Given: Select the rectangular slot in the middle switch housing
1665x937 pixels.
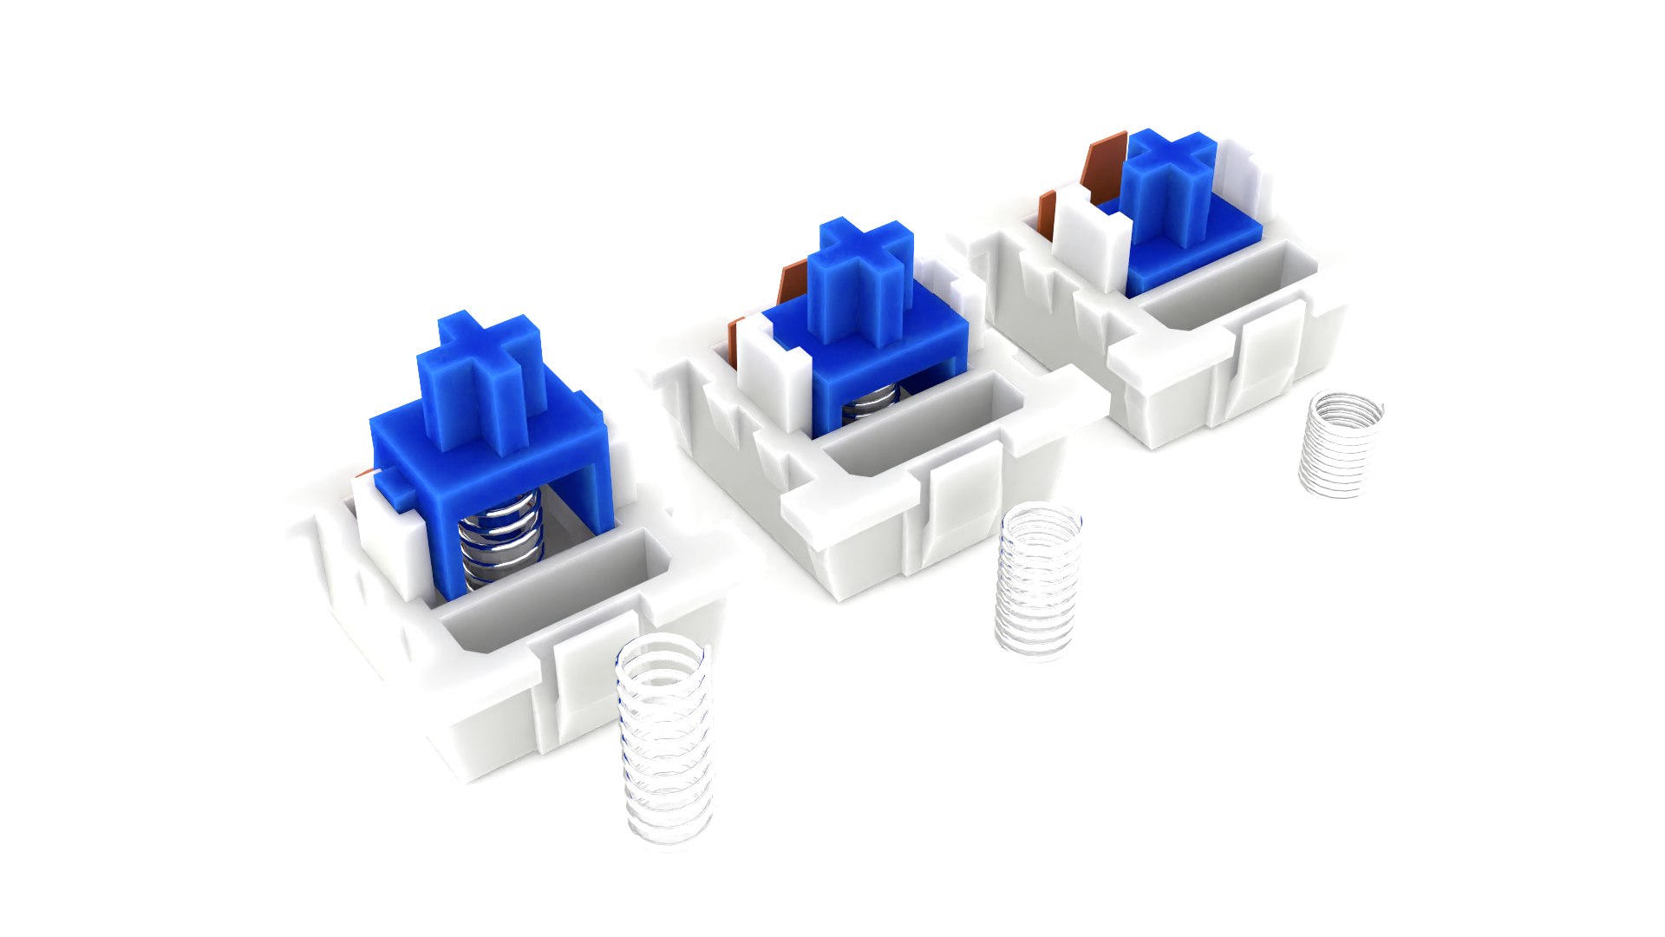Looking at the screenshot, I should click(x=919, y=425).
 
